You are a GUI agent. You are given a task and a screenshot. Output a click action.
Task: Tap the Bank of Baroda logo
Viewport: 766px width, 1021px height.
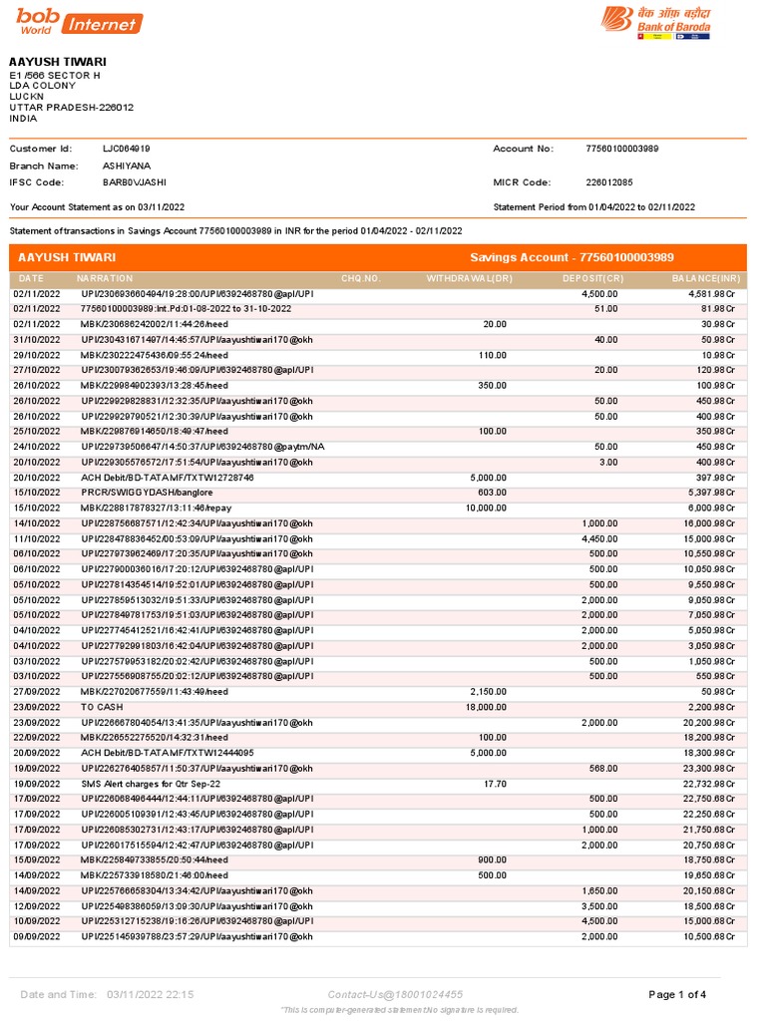tap(654, 22)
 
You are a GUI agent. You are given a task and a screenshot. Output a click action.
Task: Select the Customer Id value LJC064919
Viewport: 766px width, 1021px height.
tap(127, 149)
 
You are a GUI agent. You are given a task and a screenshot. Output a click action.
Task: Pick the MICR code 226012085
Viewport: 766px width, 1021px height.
tap(609, 182)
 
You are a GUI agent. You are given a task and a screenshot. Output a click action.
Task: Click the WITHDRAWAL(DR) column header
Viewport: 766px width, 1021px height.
tap(469, 278)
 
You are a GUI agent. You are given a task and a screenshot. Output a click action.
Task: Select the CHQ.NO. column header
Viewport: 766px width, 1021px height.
tap(361, 278)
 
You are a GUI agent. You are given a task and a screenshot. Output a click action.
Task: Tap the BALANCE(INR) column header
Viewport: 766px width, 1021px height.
tap(706, 278)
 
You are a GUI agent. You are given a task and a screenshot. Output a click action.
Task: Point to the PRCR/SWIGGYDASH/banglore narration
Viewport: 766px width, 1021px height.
tap(133, 493)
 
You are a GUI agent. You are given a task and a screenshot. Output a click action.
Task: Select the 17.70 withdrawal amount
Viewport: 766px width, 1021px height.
tap(494, 784)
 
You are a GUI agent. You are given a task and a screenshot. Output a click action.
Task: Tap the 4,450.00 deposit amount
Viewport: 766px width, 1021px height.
tap(598, 538)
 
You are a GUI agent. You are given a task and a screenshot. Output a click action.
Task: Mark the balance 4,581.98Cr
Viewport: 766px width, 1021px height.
tap(711, 294)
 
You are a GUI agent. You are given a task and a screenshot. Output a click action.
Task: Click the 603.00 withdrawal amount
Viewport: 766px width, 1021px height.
tap(492, 493)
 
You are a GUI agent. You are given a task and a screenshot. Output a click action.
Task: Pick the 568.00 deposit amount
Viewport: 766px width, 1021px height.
tap(602, 769)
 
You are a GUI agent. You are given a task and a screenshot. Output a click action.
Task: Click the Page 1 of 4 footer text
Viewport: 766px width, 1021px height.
tap(677, 994)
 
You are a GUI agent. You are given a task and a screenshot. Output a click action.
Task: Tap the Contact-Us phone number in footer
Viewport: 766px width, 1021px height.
tap(395, 994)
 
